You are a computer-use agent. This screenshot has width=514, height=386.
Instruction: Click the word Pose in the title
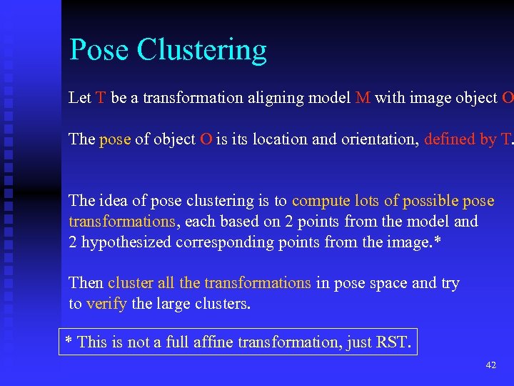(99, 50)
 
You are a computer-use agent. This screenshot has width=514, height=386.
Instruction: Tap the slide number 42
(490, 365)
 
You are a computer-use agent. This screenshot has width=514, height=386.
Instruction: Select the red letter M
(363, 98)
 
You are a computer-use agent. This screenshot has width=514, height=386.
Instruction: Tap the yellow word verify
(106, 304)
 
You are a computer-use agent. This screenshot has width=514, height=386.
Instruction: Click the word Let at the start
(79, 98)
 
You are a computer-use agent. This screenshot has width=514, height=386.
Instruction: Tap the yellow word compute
(319, 202)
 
